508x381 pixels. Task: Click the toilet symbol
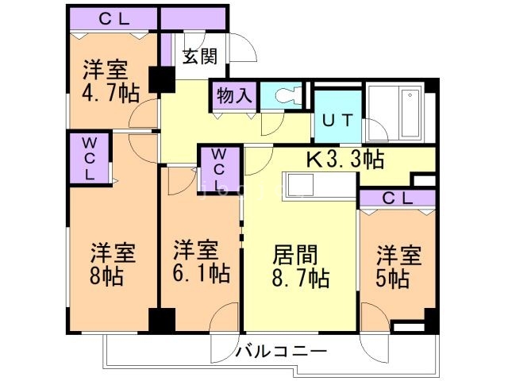284,97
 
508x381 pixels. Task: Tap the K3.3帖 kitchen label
345,160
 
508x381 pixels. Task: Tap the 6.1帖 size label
201,274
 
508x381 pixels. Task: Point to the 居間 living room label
296,255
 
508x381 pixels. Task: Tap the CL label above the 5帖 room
398,198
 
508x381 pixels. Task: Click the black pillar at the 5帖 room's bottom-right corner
431,321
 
